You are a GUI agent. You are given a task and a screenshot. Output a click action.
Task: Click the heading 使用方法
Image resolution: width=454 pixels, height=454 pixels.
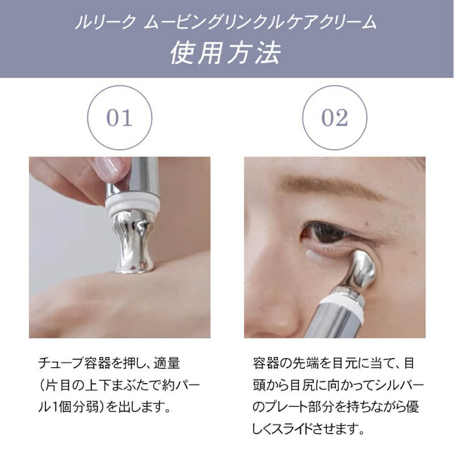[x=226, y=53]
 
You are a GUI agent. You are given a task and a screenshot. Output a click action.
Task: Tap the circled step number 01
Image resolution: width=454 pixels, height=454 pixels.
[x=119, y=118]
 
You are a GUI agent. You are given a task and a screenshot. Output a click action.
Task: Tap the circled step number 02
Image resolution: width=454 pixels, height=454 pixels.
[x=334, y=118]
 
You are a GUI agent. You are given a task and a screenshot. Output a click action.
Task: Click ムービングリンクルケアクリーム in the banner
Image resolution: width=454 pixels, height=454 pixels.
[x=260, y=22]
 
